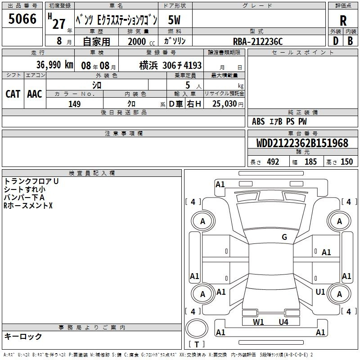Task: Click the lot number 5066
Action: click(x=22, y=19)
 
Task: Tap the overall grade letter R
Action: click(x=343, y=21)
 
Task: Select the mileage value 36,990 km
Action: click(x=54, y=65)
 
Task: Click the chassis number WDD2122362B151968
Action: click(x=302, y=143)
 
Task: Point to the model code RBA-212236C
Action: click(x=257, y=41)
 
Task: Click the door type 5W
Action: click(x=174, y=20)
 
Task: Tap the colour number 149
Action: click(x=74, y=104)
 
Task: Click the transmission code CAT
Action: click(x=13, y=94)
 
